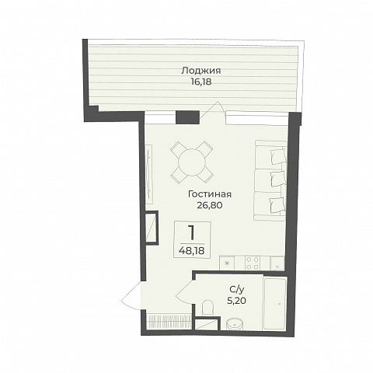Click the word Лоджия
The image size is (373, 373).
[200, 71]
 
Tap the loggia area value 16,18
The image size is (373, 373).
[201, 82]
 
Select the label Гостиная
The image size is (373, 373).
[210, 194]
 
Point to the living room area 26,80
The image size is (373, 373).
[210, 205]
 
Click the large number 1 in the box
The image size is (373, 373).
[192, 232]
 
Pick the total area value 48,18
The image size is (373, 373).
[192, 250]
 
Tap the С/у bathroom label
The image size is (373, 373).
[236, 289]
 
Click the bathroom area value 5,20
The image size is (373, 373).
[236, 301]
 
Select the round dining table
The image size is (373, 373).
[192, 162]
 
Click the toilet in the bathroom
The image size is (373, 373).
[207, 309]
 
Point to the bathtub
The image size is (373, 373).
[275, 304]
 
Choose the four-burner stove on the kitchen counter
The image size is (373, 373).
[252, 263]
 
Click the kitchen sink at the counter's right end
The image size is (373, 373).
[277, 263]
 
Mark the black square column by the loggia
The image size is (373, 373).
[187, 117]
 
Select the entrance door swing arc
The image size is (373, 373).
[130, 295]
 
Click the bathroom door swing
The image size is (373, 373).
[184, 293]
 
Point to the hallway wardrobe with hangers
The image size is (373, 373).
[169, 322]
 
